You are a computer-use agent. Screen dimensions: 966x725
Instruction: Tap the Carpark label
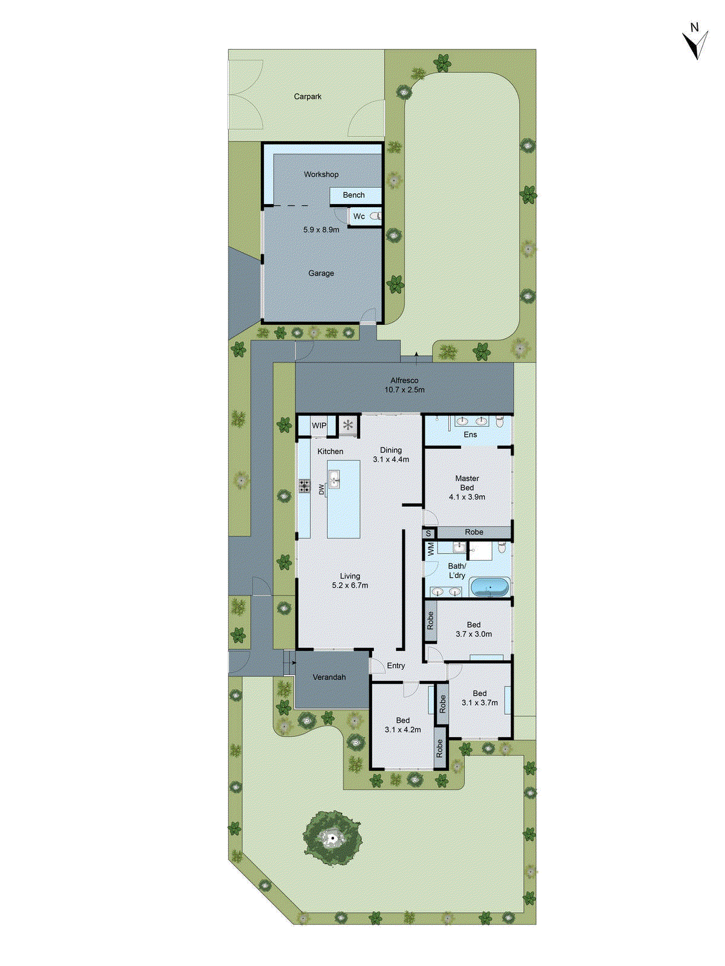[x=308, y=97]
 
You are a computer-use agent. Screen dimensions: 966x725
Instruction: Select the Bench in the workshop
[x=355, y=195]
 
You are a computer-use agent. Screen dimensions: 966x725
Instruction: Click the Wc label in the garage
[x=359, y=216]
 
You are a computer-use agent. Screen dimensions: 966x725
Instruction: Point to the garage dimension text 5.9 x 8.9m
[x=321, y=230]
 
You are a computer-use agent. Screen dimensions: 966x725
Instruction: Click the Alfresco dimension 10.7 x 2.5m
[x=404, y=390]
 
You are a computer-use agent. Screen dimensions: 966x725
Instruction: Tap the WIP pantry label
[x=319, y=426]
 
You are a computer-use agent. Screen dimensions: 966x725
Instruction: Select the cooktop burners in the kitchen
[x=304, y=485]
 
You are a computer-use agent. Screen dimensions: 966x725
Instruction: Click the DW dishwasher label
[x=321, y=490]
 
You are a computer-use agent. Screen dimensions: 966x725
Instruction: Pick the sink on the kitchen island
[x=334, y=479]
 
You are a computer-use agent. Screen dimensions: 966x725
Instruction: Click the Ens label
[x=470, y=435]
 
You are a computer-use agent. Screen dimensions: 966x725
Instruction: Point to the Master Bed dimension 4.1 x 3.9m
[x=467, y=497]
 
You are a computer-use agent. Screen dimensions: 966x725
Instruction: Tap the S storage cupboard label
[x=428, y=534]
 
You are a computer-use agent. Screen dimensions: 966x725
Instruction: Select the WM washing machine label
[x=431, y=549]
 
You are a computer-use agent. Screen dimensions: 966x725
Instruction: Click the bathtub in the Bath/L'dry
[x=489, y=586]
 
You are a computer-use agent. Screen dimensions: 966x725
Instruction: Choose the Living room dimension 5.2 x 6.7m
[x=350, y=585]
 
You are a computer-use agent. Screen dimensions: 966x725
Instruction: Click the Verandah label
[x=329, y=677]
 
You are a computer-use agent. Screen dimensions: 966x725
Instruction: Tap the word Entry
[x=396, y=666]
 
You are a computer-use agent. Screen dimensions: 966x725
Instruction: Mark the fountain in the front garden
[x=332, y=838]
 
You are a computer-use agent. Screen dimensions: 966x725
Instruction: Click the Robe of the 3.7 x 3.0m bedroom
[x=430, y=621]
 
